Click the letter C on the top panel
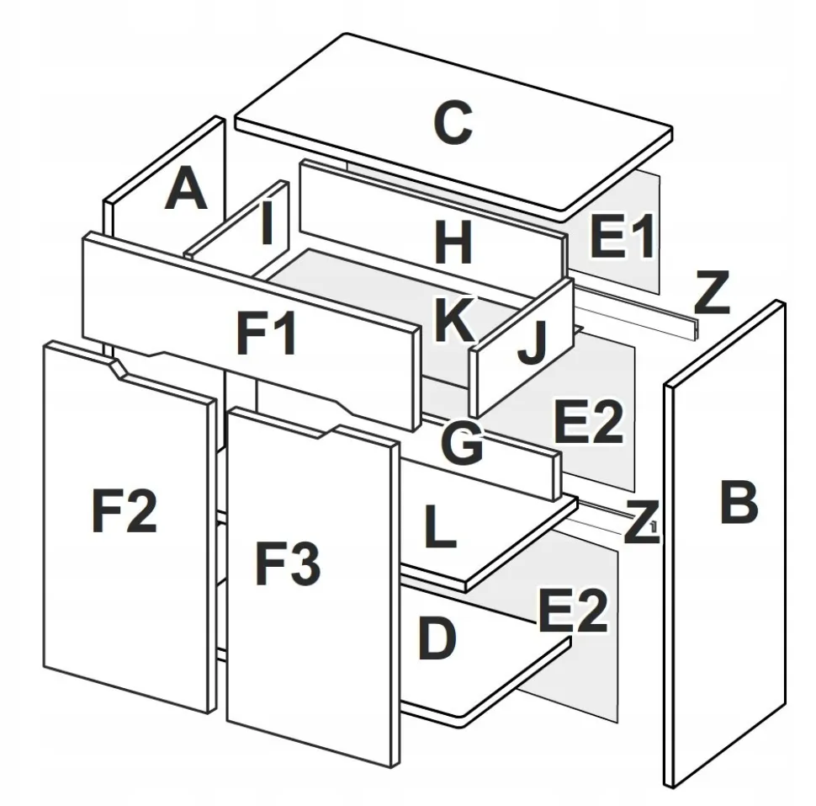[x=452, y=123]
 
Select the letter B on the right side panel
[x=739, y=503]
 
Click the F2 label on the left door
[x=124, y=511]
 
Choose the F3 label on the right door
[x=288, y=564]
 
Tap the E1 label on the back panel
[x=622, y=237]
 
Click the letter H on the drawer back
[x=453, y=245]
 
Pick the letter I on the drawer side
[x=268, y=224]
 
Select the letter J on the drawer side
[x=532, y=344]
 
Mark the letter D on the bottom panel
[x=436, y=640]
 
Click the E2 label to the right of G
[x=588, y=422]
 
